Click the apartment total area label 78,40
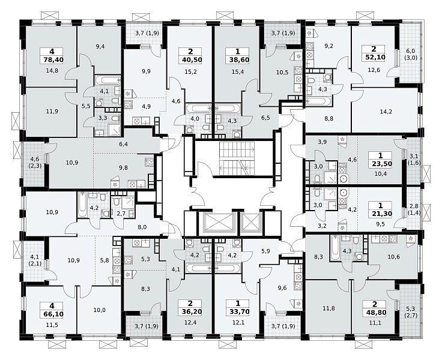coord(52,60)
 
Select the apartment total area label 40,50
coord(190,60)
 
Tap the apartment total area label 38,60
coord(237,60)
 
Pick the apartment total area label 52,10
coord(374,57)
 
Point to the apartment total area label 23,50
coord(381,164)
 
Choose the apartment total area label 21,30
coord(381,214)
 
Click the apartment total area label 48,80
coord(375,313)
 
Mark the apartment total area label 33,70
coord(238,311)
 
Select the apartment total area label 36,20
coord(190,311)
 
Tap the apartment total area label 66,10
coord(52,314)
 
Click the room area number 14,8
coord(52,71)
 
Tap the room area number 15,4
coord(237,72)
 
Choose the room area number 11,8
coord(328,308)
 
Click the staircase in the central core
coord(237,158)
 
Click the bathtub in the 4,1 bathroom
coord(107,79)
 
